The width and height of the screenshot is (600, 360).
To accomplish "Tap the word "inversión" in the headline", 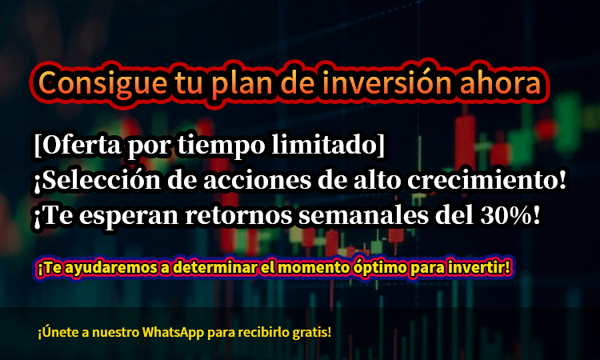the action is coord(387,82).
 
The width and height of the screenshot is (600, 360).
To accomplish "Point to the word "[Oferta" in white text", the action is coord(77,145).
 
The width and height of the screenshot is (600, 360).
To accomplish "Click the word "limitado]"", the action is coord(328,145).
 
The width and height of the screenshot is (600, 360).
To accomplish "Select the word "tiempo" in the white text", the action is coord(221,146).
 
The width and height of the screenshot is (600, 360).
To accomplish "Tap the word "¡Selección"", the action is coord(97,180).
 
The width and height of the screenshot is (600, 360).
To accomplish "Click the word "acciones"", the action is coord(257,181).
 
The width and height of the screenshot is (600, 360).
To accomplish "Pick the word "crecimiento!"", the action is coord(486,180).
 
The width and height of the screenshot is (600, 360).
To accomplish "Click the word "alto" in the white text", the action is coord(377,180).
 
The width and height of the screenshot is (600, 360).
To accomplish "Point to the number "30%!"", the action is coord(510,215).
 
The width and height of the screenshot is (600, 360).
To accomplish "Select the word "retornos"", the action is coord(238,216).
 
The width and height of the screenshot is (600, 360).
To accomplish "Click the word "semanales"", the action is coord(363,215).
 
